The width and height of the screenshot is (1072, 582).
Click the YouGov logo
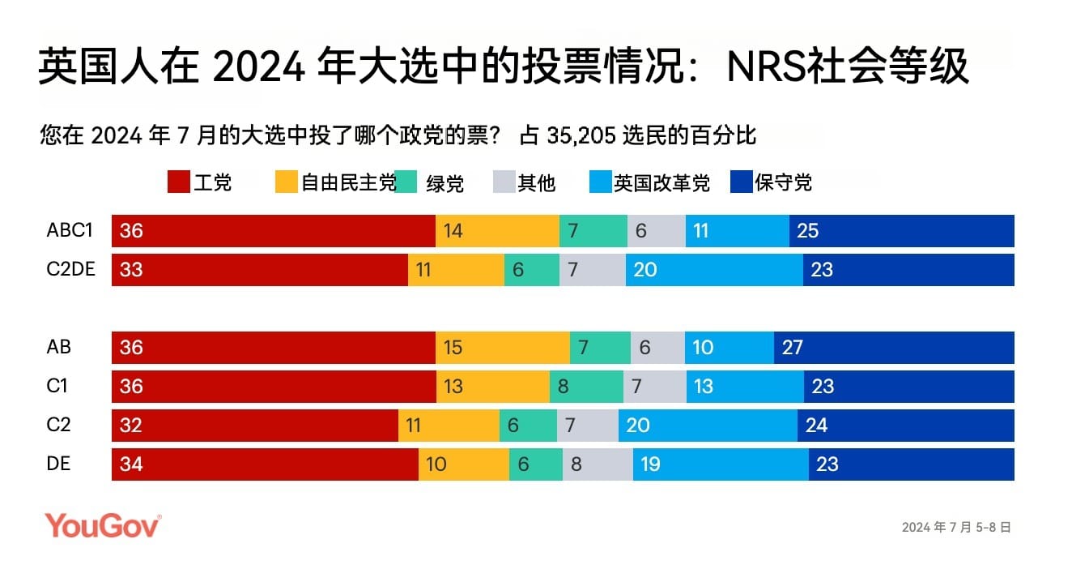tap(103, 525)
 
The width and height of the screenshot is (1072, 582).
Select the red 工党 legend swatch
tap(178, 182)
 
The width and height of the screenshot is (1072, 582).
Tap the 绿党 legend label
tap(445, 183)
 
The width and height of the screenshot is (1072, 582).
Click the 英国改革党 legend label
tap(661, 183)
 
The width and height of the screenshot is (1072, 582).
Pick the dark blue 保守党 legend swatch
tap(741, 182)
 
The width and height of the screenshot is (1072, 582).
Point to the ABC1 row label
tap(70, 230)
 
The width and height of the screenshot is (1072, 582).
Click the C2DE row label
tap(71, 269)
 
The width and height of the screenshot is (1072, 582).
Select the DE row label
tap(58, 464)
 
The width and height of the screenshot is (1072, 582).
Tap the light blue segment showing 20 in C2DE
tap(714, 270)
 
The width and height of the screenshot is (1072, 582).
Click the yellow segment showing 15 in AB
tap(502, 348)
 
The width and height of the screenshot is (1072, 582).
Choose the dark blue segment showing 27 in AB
tap(894, 348)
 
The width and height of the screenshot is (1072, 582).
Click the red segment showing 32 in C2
tap(254, 426)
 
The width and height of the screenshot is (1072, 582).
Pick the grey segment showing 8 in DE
tap(598, 464)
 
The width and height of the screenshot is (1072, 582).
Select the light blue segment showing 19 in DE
tap(721, 464)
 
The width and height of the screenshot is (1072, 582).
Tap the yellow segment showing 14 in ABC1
tap(497, 231)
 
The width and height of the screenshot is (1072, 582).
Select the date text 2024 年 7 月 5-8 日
tap(956, 527)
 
